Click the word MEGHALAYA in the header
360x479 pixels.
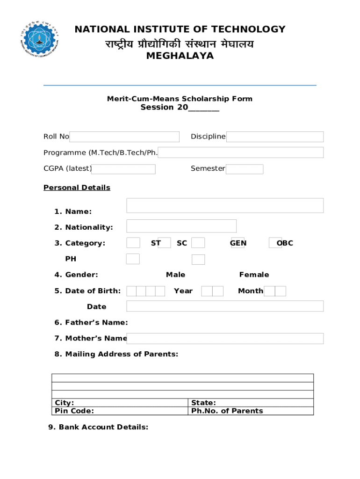[x=180, y=56]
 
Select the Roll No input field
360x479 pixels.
[x=124, y=137]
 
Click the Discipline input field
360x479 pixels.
[x=275, y=137]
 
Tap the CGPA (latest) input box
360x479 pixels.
[x=123, y=169]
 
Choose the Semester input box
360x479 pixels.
[x=245, y=169]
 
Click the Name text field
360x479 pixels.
[x=225, y=205]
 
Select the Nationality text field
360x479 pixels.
[x=181, y=226]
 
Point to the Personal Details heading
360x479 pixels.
[x=77, y=188]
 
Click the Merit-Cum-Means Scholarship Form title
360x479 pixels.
[x=180, y=99]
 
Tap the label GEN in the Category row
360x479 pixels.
[x=238, y=243]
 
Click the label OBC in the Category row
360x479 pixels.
[x=285, y=243]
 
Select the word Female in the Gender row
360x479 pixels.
[x=254, y=275]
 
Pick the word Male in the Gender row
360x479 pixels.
[x=175, y=275]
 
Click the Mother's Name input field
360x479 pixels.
[x=225, y=338]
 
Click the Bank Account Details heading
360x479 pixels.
[x=98, y=427]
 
